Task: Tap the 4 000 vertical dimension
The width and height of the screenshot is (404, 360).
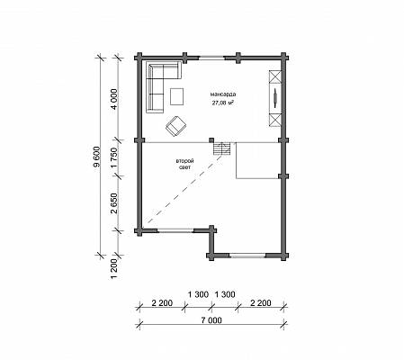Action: coord(114,99)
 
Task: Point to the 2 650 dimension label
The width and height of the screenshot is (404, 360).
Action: coord(114,203)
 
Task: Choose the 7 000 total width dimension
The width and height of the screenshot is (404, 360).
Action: coord(211,320)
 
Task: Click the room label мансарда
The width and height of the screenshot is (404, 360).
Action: coord(223,94)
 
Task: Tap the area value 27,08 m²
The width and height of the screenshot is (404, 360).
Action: coord(223,103)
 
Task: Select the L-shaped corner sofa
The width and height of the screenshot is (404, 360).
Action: coord(155,78)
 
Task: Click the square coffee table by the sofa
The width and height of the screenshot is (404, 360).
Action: coord(177,96)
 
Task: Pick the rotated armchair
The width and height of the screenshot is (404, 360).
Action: coord(175,126)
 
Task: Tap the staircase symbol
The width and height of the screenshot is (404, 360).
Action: coord(222,148)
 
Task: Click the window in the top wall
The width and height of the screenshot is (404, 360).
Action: coord(211,58)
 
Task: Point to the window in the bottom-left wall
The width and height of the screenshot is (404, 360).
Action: coord(175,230)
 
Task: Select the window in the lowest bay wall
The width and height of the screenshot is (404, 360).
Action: coord(247,256)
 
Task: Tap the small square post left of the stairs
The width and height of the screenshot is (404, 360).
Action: coord(211,140)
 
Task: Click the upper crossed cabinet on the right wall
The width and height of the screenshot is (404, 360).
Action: coord(275,76)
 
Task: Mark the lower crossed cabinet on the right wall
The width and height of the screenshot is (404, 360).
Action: coord(275,121)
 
